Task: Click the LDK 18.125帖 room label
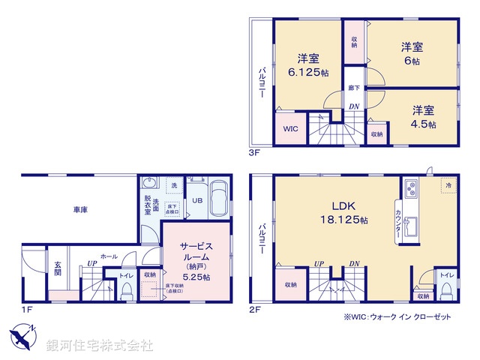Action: point(340,211)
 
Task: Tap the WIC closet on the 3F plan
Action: point(290,127)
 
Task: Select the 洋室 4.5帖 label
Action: point(423,116)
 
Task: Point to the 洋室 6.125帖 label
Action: point(309,65)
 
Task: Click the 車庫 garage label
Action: point(80,211)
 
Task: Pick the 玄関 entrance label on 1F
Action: point(57,268)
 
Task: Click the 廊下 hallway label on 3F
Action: point(352,86)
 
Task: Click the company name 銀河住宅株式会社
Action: point(99,346)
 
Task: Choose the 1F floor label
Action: point(26,308)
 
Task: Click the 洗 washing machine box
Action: point(173,185)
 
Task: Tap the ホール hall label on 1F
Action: point(108,256)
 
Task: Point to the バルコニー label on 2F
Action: point(262,237)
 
